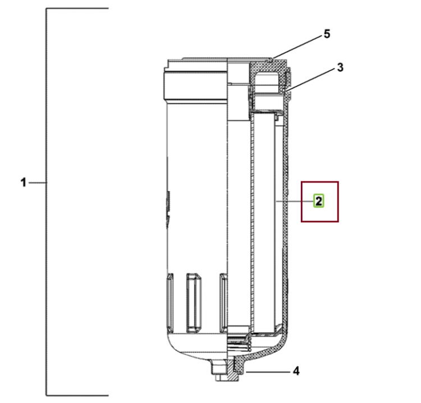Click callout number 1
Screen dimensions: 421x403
[x=24, y=182]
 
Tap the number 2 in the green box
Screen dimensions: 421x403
[x=319, y=201]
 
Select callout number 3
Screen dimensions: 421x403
[x=340, y=67]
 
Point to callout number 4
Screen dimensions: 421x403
[x=296, y=372]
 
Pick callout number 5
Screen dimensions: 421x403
[x=327, y=34]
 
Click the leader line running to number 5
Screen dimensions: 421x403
[x=297, y=47]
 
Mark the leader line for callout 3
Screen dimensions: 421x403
[x=311, y=80]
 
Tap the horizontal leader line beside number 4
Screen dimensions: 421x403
[x=268, y=372]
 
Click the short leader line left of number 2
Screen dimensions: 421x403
[x=295, y=201]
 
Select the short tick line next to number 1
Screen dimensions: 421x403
[x=37, y=183]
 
